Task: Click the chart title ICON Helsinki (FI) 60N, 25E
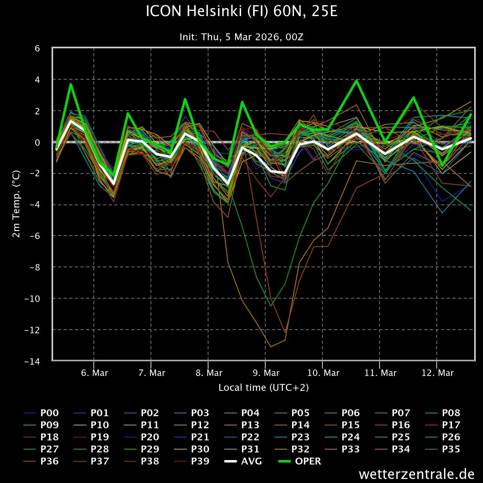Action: pyautogui.click(x=241, y=12)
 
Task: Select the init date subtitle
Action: pyautogui.click(x=241, y=37)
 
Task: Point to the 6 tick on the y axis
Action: pyautogui.click(x=37, y=48)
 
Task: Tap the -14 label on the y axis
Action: pyautogui.click(x=32, y=361)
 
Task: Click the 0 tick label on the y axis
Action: pyautogui.click(x=37, y=142)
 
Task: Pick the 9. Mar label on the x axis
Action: pyautogui.click(x=266, y=373)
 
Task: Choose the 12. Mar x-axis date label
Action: pyautogui.click(x=438, y=373)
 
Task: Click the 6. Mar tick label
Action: pyautogui.click(x=95, y=373)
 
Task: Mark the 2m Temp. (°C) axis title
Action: pyautogui.click(x=17, y=204)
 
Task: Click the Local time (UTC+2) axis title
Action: pyautogui.click(x=264, y=388)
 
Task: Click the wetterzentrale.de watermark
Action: pyautogui.click(x=417, y=474)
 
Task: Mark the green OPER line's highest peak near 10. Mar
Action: pyautogui.click(x=357, y=80)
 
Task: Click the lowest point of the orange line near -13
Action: pyautogui.click(x=271, y=347)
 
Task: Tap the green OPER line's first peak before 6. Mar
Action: pyautogui.click(x=71, y=84)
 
